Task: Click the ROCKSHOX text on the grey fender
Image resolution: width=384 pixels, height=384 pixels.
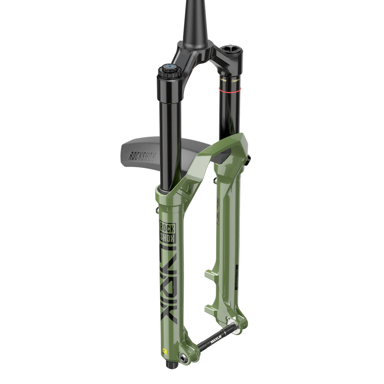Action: click(x=140, y=156)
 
